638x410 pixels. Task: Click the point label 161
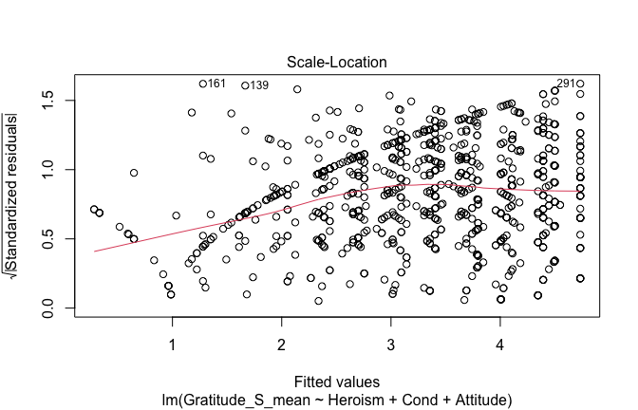[216, 84]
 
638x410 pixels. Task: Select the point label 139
[258, 85]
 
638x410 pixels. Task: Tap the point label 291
[567, 84]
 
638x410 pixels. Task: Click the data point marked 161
[203, 84]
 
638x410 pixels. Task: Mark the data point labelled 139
[245, 85]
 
